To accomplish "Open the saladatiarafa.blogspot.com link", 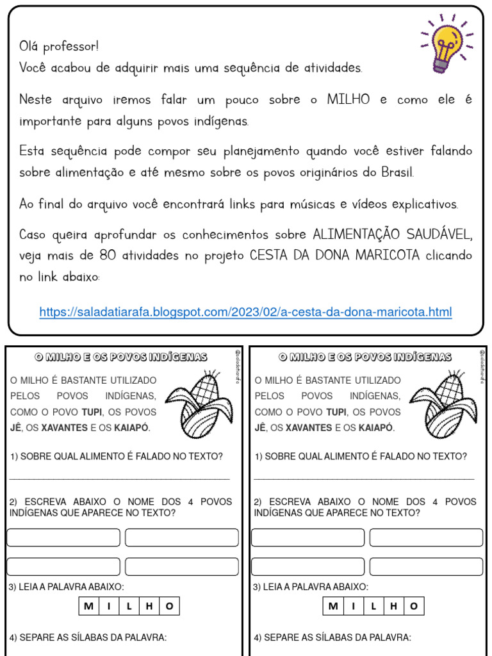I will (245, 312).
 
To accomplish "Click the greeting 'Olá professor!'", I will (59, 47).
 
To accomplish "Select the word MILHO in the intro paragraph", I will (348, 100).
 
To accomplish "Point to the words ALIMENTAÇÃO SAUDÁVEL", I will (393, 235).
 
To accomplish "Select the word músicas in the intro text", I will (311, 204).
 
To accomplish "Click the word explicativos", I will (425, 204).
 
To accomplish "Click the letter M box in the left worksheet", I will (88, 606).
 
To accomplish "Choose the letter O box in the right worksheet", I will (414, 606).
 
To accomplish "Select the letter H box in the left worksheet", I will (149, 606).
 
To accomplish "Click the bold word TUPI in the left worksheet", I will (93, 412).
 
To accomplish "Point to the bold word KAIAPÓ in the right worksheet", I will (376, 428).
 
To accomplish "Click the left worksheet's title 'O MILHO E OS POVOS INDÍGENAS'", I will (120, 357).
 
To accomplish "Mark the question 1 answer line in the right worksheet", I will (364, 478).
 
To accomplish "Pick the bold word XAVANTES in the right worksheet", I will (309, 428).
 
